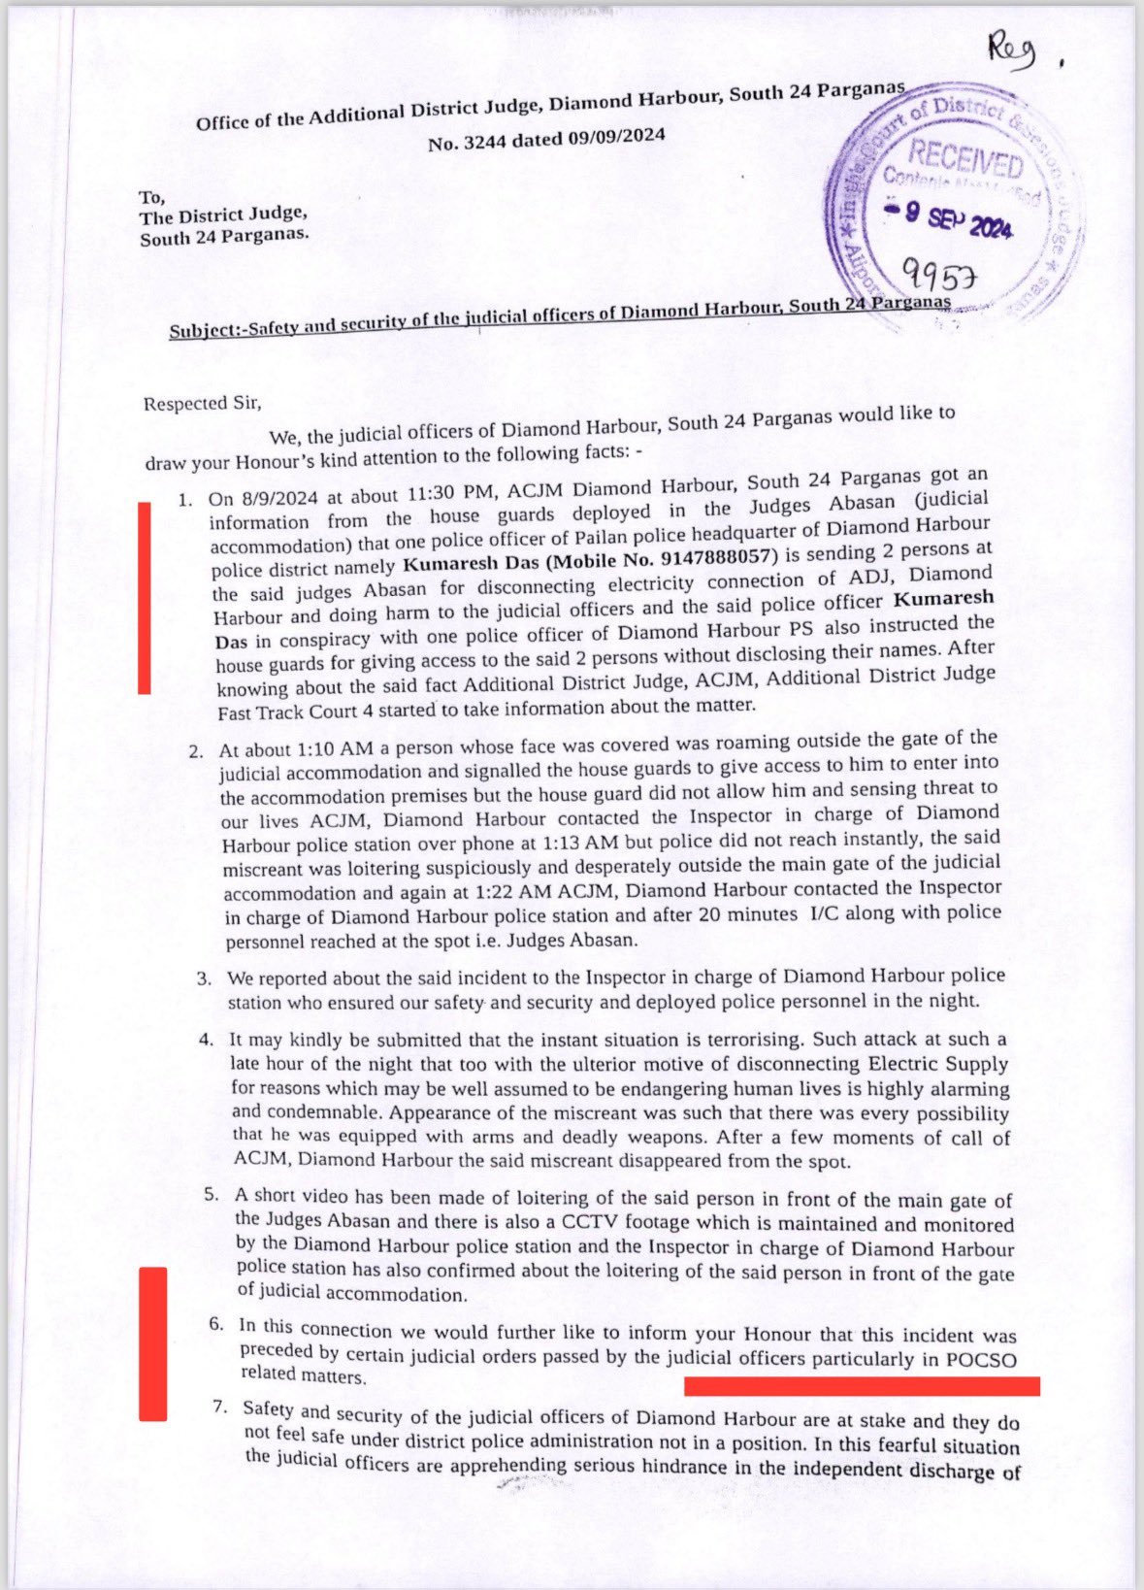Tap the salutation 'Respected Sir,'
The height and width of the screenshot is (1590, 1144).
pos(202,402)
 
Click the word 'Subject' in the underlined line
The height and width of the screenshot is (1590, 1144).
pos(202,329)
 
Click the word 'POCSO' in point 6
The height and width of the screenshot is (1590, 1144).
pos(981,1360)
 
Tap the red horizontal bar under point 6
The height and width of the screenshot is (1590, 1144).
pos(862,1386)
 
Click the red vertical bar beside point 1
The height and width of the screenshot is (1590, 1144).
pos(145,598)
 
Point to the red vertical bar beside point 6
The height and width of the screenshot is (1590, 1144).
pos(152,1343)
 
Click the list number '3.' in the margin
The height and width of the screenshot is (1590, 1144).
pos(204,977)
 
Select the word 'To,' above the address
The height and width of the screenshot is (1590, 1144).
pos(151,198)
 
